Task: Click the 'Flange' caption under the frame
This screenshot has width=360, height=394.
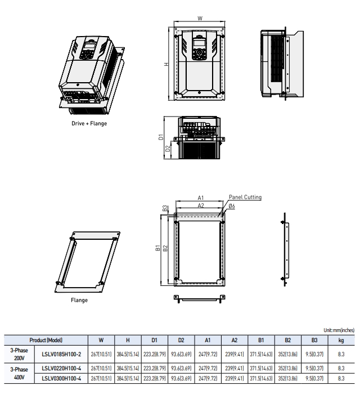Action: click(79, 300)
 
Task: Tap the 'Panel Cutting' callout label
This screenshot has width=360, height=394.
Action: click(245, 197)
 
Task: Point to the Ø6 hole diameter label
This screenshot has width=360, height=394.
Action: click(232, 207)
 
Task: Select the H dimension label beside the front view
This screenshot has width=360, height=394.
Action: click(166, 64)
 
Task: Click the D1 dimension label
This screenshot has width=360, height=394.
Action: click(161, 136)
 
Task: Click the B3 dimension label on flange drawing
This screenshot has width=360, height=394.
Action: click(165, 208)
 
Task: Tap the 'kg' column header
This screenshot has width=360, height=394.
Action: click(341, 340)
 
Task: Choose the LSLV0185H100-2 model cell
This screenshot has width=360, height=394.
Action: click(61, 353)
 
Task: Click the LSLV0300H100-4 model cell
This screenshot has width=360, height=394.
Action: click(61, 377)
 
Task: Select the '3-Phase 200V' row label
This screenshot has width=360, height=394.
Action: click(19, 353)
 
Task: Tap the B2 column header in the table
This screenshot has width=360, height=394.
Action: click(288, 340)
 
